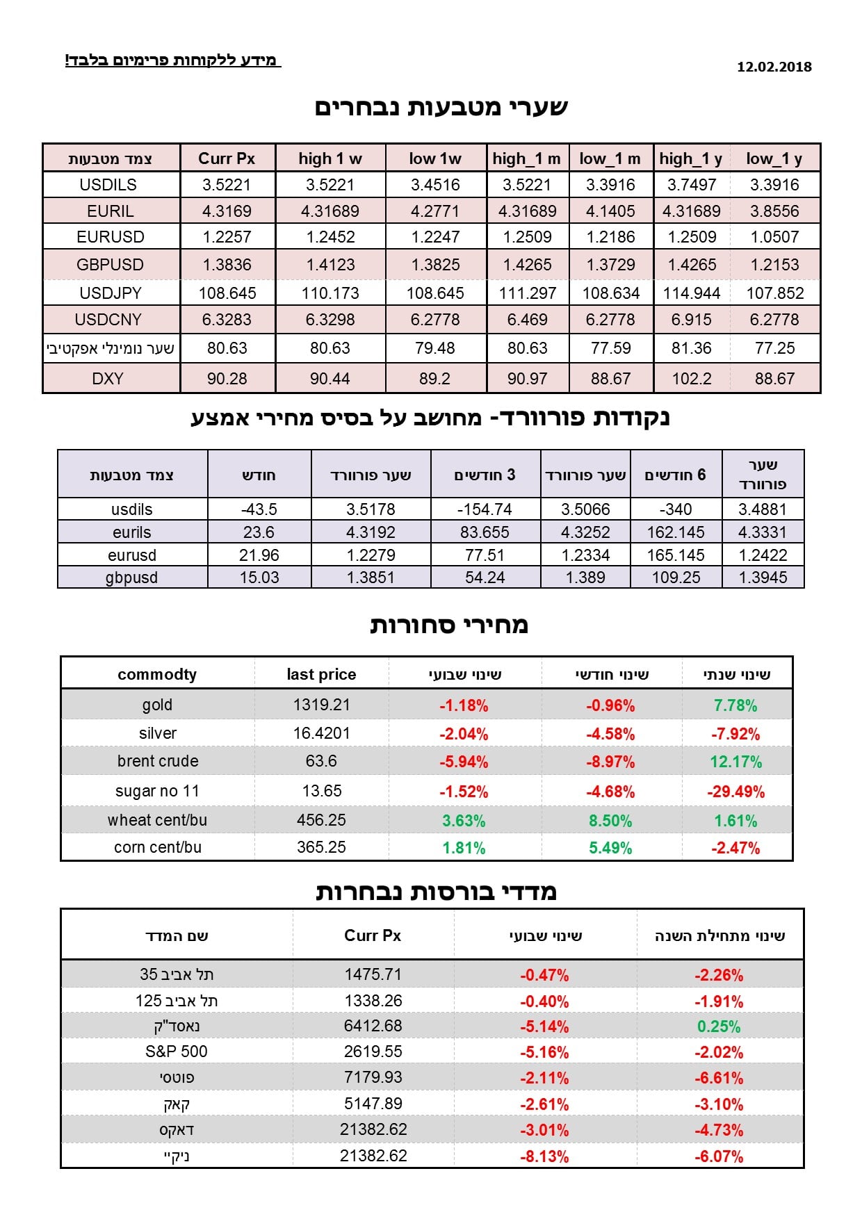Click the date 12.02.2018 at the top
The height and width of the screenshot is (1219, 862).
coord(774,67)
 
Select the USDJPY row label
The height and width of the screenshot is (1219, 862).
coord(111,293)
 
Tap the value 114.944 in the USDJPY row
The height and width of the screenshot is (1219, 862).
coord(692,293)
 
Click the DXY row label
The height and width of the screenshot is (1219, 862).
coord(108,379)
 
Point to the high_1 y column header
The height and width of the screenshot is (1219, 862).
coord(691,158)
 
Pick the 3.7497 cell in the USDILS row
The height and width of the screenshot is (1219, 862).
coord(692,185)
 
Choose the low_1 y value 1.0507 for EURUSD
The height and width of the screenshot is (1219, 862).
coord(775,237)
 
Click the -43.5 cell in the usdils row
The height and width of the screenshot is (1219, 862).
coord(259,509)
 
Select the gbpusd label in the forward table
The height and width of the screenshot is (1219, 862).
coord(131,578)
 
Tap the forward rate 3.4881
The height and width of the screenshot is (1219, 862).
coord(763,509)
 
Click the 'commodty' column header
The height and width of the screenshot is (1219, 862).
coord(157,674)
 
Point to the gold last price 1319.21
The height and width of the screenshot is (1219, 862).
coord(321,705)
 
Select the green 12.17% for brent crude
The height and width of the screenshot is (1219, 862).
coord(735,762)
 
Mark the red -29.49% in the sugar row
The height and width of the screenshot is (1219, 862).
coord(735,792)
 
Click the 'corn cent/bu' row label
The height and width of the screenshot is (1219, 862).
coord(158,847)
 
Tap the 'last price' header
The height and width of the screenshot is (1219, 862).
coord(321,674)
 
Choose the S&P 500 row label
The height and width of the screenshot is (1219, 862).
coord(177,1052)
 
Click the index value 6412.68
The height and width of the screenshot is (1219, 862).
coord(373,1026)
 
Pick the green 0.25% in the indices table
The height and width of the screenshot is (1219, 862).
coord(719,1026)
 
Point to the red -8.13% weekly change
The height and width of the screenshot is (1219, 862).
coord(544,1156)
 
